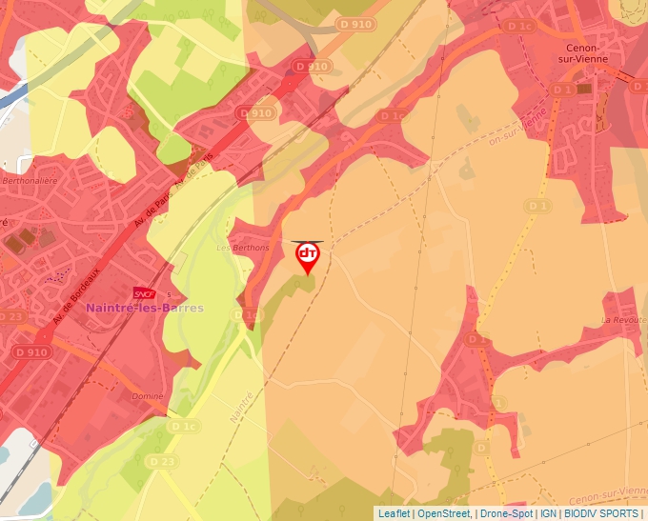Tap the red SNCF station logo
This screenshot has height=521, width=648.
coord(144,292)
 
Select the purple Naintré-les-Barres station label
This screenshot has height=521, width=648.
coord(144,309)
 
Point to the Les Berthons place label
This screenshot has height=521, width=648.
coord(243,248)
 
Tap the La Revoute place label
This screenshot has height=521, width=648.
coord(624,320)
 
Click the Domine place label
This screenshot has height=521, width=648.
coord(148,395)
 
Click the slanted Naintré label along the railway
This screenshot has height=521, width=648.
coord(244,407)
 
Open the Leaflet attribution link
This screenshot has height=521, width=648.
coord(395,513)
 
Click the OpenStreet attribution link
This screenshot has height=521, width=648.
coord(444,513)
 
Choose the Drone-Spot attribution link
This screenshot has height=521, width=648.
coord(507,513)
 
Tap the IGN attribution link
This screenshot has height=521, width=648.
coord(549,513)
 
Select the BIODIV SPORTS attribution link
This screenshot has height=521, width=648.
coord(601,513)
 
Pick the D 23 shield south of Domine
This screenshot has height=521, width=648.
coord(162,460)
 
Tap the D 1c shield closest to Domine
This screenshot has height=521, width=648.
coord(186,427)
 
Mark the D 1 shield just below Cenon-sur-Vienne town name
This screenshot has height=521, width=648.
coord(562,90)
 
